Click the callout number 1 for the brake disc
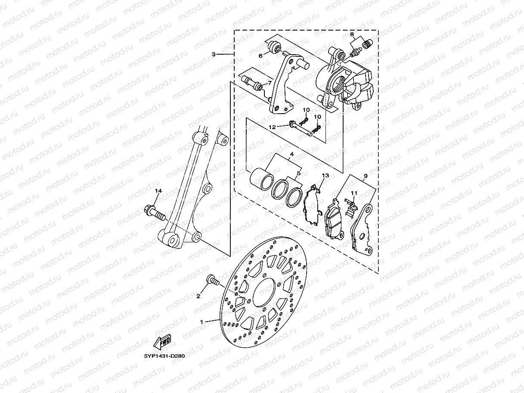[x=201, y=322]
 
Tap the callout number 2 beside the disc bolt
[x=198, y=296]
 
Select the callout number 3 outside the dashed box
[x=213, y=55]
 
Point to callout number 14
[x=158, y=191]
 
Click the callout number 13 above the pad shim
[x=325, y=176]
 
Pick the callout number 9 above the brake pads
[x=366, y=176]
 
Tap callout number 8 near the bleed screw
[x=352, y=34]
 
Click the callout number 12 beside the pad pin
[x=272, y=127]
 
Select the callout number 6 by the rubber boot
[x=260, y=56]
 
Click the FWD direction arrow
[x=163, y=343]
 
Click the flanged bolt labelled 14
[x=153, y=212]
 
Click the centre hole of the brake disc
[x=264, y=292]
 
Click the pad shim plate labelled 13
[x=312, y=204]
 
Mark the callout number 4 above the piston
[x=291, y=154]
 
